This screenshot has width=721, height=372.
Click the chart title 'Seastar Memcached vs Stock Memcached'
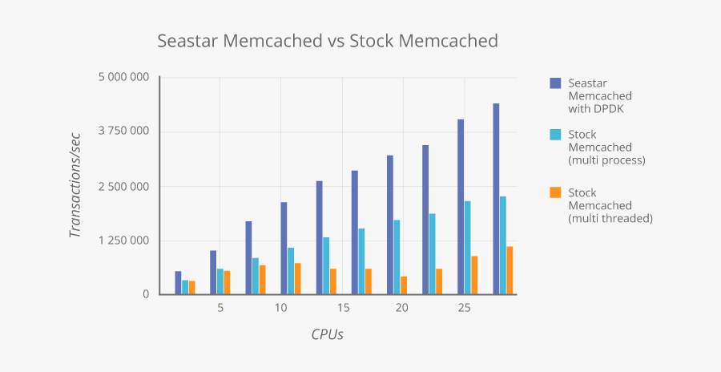[327, 40]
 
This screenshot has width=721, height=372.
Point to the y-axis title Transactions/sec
[76, 186]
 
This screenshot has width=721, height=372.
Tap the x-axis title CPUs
[327, 334]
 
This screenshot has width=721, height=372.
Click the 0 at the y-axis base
[146, 294]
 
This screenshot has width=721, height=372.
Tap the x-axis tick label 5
[220, 308]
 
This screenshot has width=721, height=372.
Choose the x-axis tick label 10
[281, 308]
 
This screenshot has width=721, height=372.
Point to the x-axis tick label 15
[342, 308]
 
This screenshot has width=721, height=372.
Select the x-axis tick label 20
[402, 308]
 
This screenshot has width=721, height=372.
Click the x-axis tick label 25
[463, 308]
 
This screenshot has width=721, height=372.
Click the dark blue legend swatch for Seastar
[554, 83]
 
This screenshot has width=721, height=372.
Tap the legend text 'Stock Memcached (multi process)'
[606, 148]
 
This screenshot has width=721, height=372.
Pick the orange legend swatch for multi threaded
[554, 192]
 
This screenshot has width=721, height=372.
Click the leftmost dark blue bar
[178, 283]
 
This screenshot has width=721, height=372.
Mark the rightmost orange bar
[510, 270]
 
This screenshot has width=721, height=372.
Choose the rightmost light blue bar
[503, 245]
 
